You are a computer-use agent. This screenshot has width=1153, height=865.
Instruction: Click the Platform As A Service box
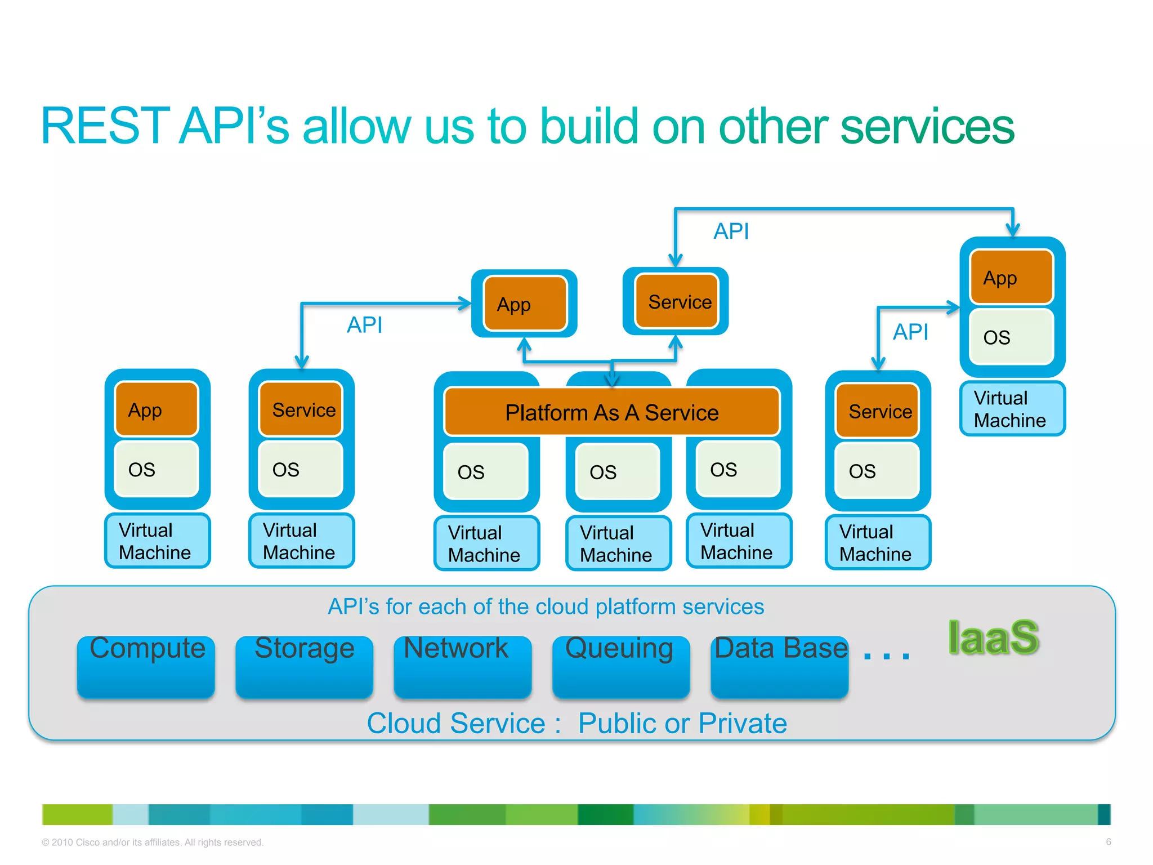pyautogui.click(x=611, y=412)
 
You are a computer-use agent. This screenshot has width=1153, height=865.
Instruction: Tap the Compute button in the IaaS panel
pyautogui.click(x=146, y=666)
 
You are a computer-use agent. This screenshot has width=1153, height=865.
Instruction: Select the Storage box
pyautogui.click(x=304, y=666)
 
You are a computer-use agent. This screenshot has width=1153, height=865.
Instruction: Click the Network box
pyautogui.click(x=462, y=666)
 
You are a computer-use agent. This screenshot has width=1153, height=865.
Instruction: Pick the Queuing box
pyautogui.click(x=620, y=666)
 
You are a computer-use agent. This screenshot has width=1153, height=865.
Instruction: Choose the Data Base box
pyautogui.click(x=779, y=666)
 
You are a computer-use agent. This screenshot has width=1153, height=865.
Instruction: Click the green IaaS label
pyautogui.click(x=993, y=638)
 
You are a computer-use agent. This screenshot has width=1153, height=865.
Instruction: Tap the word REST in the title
pyautogui.click(x=105, y=126)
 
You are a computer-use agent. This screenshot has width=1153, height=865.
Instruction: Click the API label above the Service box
pyautogui.click(x=731, y=231)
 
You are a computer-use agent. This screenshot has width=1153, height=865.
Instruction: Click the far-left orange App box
pyautogui.click(x=157, y=409)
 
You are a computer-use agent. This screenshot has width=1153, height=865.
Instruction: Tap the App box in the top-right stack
pyautogui.click(x=1011, y=278)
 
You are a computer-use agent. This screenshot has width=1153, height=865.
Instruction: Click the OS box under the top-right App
pyautogui.click(x=1011, y=337)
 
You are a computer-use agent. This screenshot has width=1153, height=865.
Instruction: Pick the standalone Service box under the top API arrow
pyautogui.click(x=676, y=302)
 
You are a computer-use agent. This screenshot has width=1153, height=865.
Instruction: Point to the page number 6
pyautogui.click(x=1108, y=842)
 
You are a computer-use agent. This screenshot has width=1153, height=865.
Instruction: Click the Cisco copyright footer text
pyautogui.click(x=152, y=842)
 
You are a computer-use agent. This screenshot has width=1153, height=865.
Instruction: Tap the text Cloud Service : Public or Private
pyautogui.click(x=576, y=723)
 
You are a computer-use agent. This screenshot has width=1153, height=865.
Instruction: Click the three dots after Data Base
pyautogui.click(x=886, y=655)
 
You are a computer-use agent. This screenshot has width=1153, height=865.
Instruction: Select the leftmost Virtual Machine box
pyautogui.click(x=157, y=541)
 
